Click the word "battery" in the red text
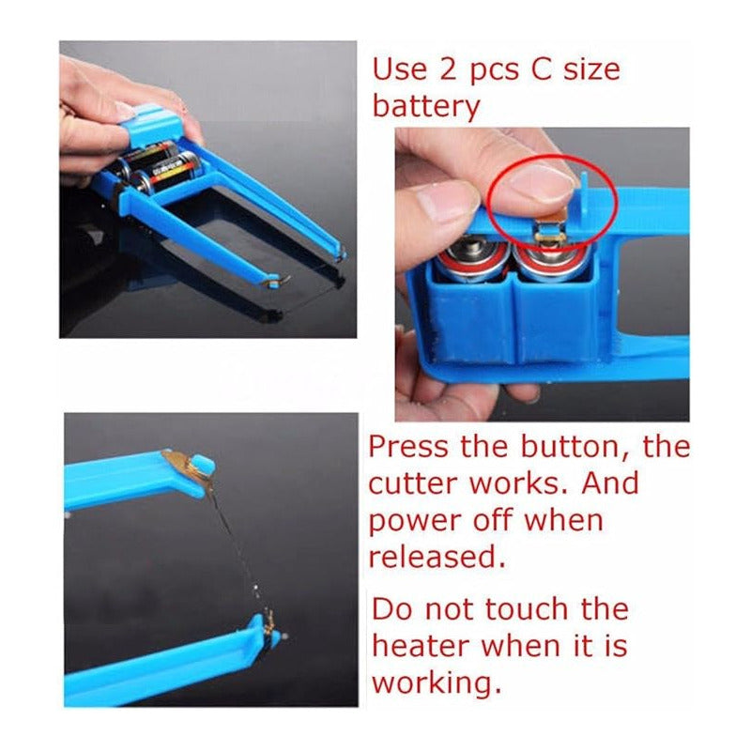coord(426,106)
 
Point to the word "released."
coord(437,557)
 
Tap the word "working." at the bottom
coord(437,683)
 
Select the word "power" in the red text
coord(414,522)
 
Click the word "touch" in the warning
coord(527,608)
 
